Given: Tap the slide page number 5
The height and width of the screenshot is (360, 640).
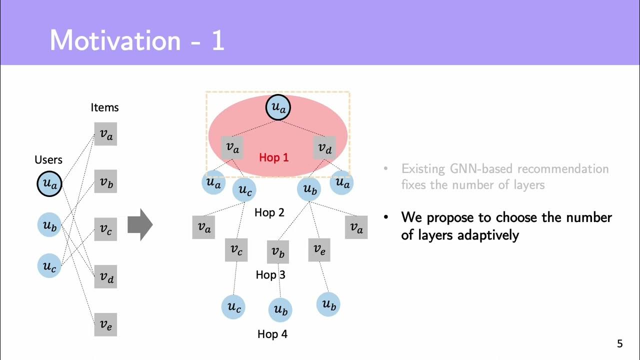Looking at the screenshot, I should pyautogui.click(x=620, y=344).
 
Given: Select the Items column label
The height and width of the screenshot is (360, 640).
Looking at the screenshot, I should pyautogui.click(x=104, y=107).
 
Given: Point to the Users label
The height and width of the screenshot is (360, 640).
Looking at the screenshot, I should pyautogui.click(x=48, y=160).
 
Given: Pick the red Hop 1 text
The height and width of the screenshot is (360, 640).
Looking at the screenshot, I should pyautogui.click(x=274, y=157).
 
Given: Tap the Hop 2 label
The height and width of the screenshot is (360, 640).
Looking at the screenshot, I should pyautogui.click(x=269, y=212).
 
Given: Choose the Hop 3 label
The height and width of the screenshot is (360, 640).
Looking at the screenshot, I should pyautogui.click(x=270, y=274).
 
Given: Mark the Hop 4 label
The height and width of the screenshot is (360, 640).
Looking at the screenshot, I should pyautogui.click(x=272, y=334).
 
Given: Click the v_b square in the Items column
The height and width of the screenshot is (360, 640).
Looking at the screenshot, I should pyautogui.click(x=105, y=182).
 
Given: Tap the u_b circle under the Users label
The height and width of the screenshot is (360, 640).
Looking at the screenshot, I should pyautogui.click(x=49, y=225).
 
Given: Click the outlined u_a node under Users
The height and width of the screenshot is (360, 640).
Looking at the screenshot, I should pyautogui.click(x=49, y=183).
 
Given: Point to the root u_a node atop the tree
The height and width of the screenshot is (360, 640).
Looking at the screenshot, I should pyautogui.click(x=278, y=107).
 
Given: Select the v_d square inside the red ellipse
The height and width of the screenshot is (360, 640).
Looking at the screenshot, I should pyautogui.click(x=324, y=148).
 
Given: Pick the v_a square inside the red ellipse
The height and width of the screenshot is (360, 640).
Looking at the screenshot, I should pyautogui.click(x=232, y=147).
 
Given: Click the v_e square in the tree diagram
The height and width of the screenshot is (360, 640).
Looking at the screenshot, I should pyautogui.click(x=319, y=249).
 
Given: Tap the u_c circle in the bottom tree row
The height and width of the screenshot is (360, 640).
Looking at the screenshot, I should pyautogui.click(x=233, y=306).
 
